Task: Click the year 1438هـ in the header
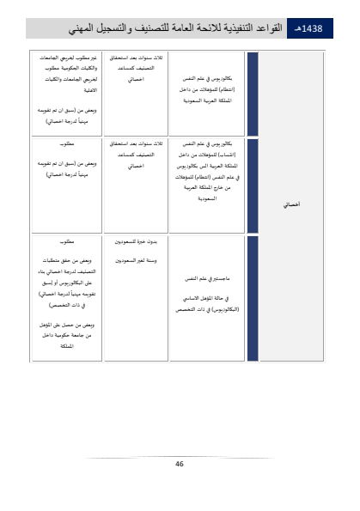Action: click(308, 29)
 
